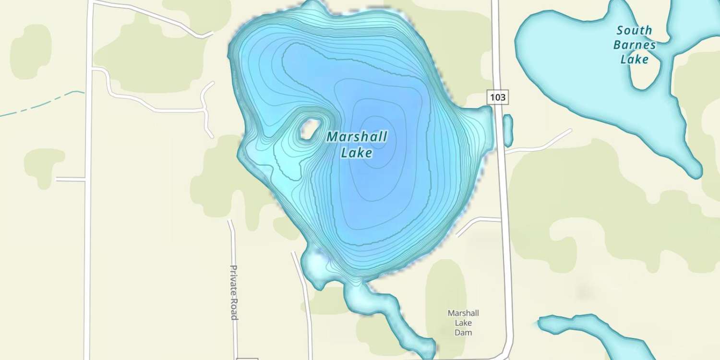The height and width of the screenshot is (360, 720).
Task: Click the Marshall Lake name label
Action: pos(357,144)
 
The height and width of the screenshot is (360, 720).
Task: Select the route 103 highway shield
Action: pos(498,97)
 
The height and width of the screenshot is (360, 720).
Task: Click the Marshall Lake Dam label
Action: pos(463,323)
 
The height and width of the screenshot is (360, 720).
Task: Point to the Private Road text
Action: pos(234,292)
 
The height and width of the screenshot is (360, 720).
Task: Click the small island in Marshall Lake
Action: pos(308,129)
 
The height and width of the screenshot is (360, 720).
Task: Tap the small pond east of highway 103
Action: pos(507,130)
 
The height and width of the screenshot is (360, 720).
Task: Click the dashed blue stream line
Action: pos(43,103)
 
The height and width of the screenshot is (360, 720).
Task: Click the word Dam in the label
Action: pos(463,333)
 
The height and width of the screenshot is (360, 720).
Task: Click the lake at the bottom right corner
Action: pos(590,331)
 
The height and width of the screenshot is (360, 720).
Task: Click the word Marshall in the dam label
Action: pos(463,313)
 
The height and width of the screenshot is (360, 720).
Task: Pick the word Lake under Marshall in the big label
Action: pos(357,153)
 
